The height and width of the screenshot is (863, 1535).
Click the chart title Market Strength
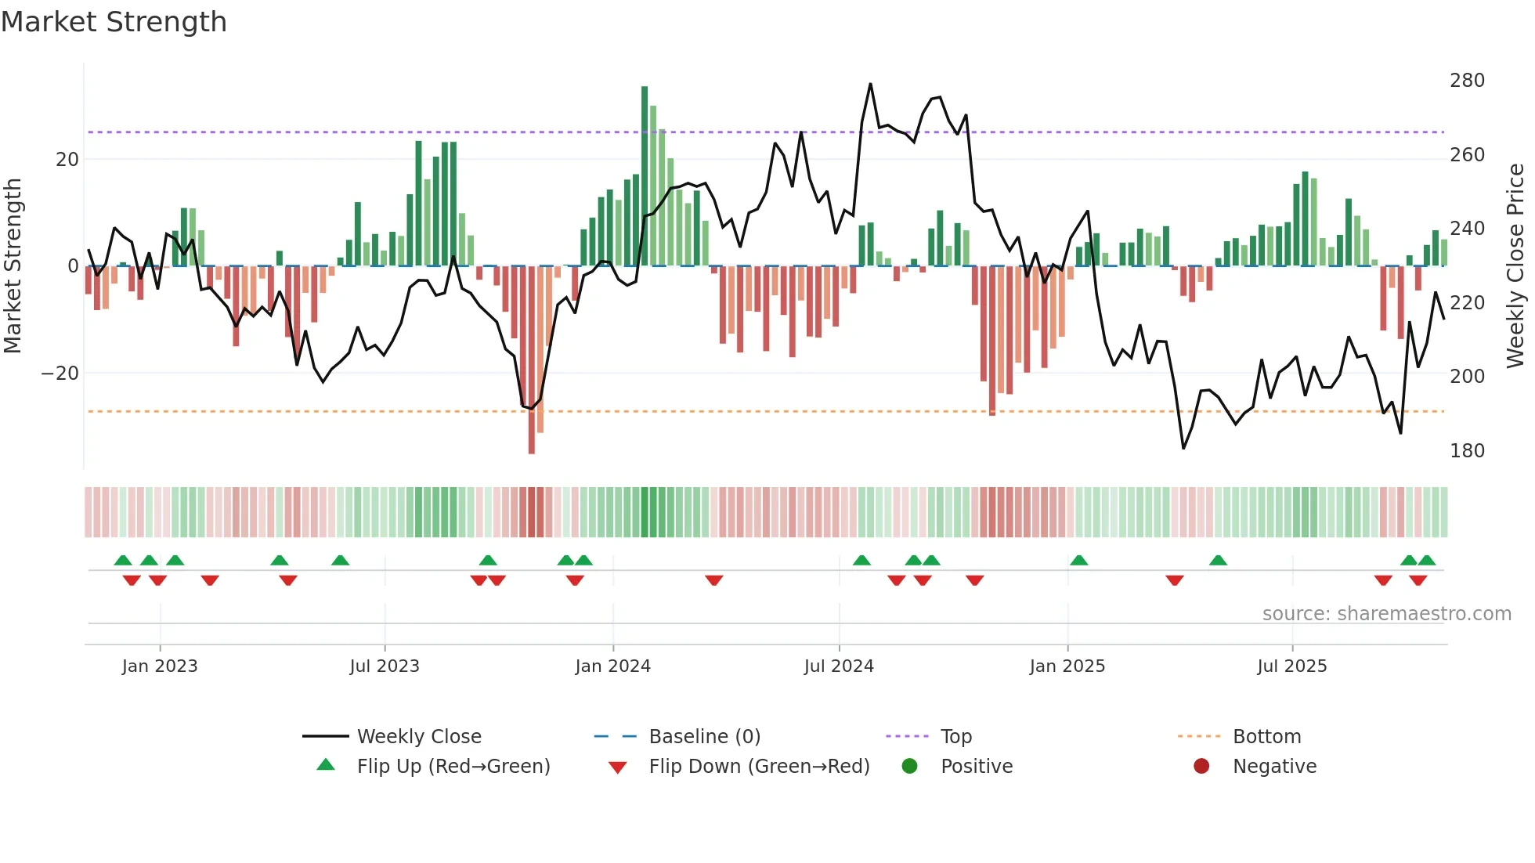pos(114,22)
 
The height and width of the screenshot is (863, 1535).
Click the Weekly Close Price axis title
pos(1515,266)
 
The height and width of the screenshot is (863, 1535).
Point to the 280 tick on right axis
pos(1467,81)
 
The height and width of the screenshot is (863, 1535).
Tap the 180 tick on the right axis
pos(1467,451)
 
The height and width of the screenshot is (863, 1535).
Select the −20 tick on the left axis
pos(60,374)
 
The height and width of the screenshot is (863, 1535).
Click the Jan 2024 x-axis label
pos(612,666)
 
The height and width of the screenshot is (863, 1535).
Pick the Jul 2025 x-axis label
pos(1291,666)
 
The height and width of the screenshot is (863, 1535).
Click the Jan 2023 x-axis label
pos(160,666)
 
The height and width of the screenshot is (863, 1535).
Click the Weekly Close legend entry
pos(419,737)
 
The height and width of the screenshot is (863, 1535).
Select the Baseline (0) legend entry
pos(704,737)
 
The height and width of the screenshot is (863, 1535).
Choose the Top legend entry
pos(955,737)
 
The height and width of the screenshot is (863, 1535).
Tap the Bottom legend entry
pos(1266,737)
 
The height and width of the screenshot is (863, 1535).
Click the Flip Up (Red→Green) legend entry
pos(453,767)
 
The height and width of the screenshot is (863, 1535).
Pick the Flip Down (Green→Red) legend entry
pos(759,767)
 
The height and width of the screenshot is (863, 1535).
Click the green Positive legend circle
pos(909,766)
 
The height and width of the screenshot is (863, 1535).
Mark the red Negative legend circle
pos(1201,766)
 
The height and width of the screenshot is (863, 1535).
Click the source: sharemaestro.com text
pos(1386,614)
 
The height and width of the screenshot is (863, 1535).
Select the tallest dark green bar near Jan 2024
pos(645,176)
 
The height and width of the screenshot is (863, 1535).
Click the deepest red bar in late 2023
pos(532,360)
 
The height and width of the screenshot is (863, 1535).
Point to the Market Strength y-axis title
pos(13,266)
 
